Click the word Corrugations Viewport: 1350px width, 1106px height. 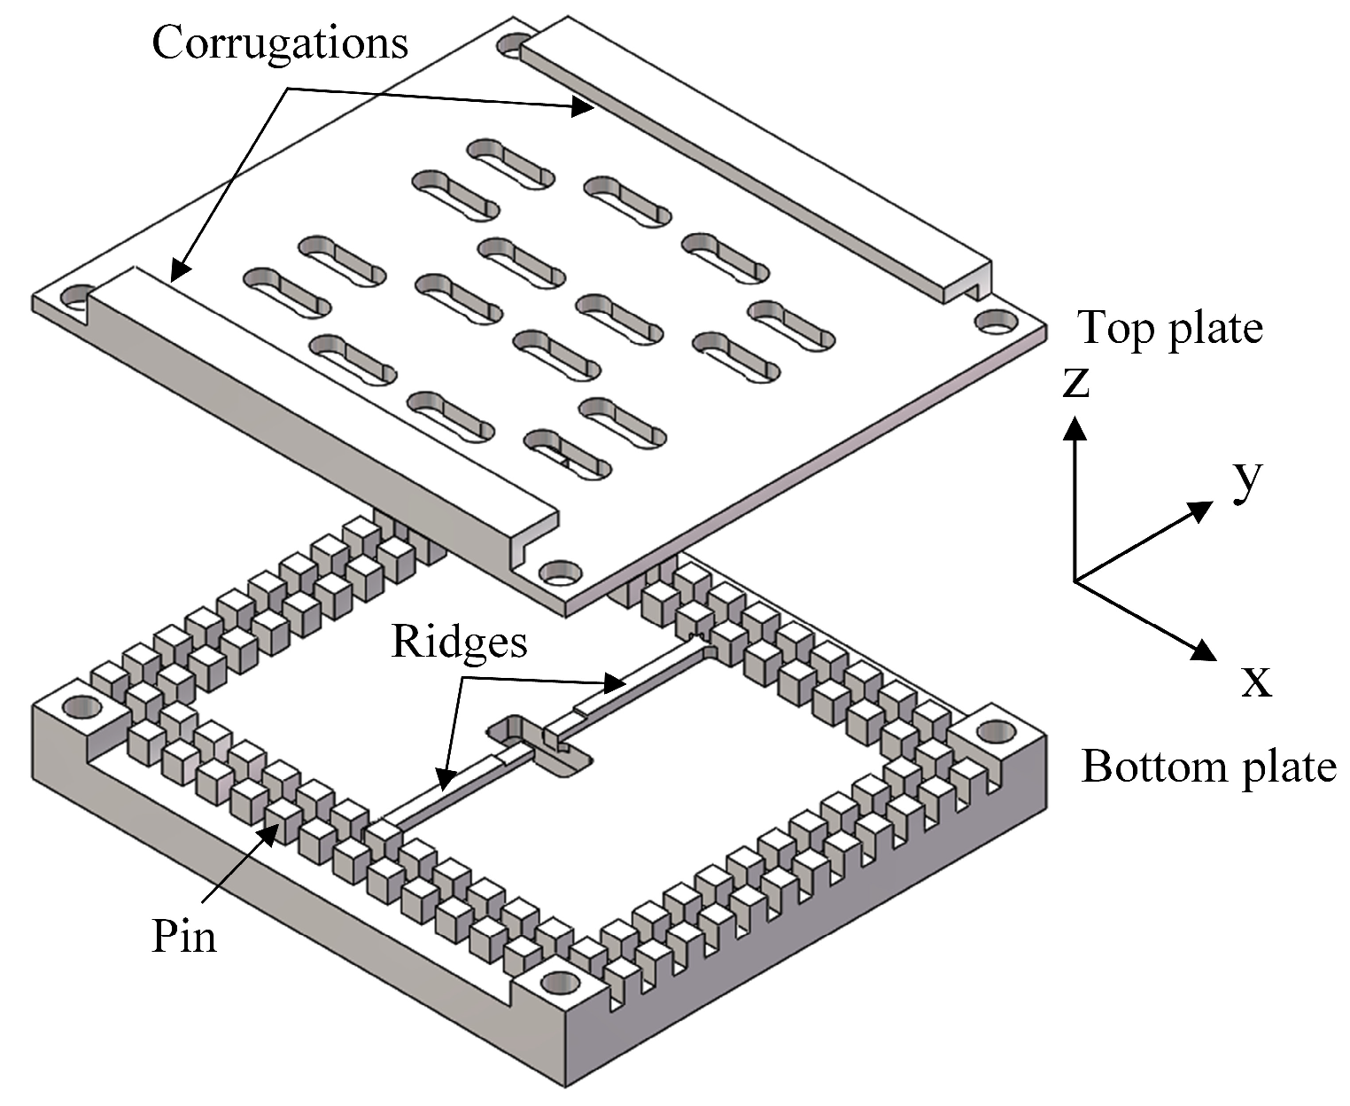280,42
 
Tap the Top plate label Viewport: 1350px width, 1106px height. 1169,328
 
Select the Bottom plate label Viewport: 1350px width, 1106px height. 1208,766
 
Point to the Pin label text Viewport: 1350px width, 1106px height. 184,935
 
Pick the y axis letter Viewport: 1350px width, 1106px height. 1247,479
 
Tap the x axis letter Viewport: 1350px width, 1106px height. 1256,681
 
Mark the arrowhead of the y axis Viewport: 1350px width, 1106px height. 1201,509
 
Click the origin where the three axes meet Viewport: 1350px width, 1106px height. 1075,581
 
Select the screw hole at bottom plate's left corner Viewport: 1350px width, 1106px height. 82,706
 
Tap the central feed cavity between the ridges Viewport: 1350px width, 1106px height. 539,743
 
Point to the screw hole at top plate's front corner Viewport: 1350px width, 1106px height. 557,573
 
